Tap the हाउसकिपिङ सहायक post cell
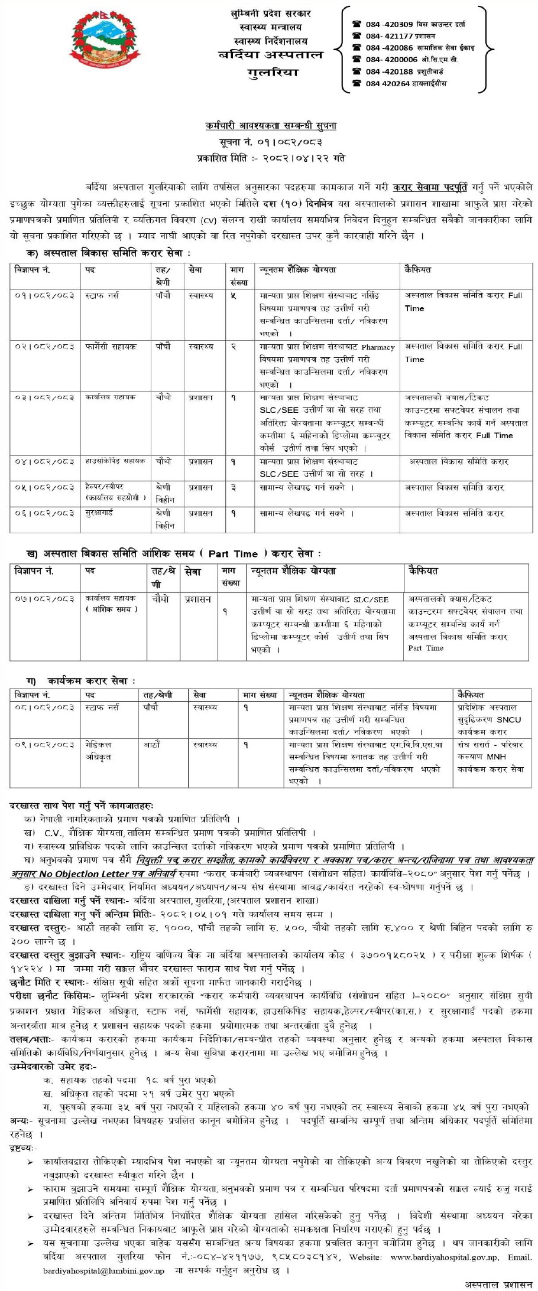115,461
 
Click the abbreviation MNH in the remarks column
498,757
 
